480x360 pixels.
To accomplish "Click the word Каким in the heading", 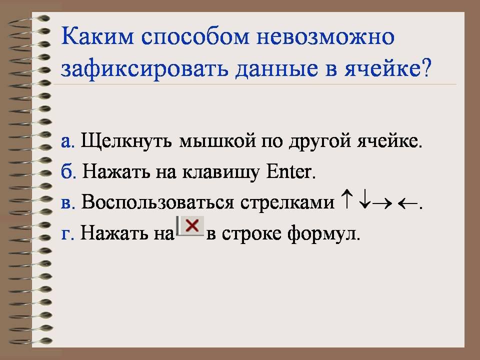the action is pos(97,36).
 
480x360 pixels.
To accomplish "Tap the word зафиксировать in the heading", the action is pos(144,68).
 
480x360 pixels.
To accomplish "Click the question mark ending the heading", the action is pos(426,67).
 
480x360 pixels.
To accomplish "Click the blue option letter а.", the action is pos(67,141).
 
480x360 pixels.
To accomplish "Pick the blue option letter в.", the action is pos(68,203).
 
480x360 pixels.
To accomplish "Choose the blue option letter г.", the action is pos(67,234).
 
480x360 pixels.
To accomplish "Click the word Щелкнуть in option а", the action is pos(126,141).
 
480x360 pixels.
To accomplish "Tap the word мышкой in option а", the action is pos(217,141).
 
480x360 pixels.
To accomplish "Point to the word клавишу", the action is pos(220,172).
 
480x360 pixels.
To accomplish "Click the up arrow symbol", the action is pos(347,198).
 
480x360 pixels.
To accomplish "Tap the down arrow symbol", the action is pos(364,199).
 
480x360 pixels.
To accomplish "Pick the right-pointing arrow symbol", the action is pos(382,203).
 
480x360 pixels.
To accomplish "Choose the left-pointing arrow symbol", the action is pos(407,203).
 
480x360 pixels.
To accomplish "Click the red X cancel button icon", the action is pos(190,226).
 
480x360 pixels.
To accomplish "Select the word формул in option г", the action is pos(323,234).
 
